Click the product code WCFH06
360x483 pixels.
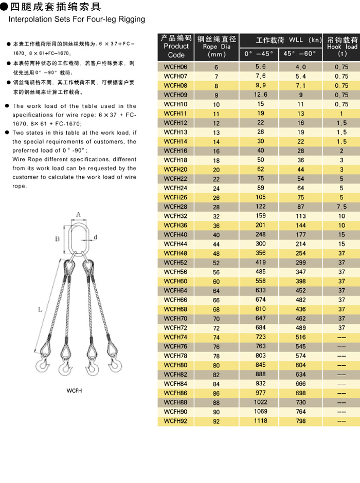(175, 67)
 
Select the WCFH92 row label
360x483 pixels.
(175, 422)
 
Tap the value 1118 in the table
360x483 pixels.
(260, 421)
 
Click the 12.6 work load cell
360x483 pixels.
(260, 95)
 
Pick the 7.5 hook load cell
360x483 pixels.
(341, 207)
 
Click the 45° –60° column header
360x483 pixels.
(301, 53)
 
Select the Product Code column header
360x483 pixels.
(176, 47)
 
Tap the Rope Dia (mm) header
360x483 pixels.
(217, 47)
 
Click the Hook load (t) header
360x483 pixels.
(342, 46)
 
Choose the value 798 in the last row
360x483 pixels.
(301, 421)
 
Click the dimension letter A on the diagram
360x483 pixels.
(79, 215)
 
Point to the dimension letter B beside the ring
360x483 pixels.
(58, 239)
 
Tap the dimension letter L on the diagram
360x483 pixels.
(40, 309)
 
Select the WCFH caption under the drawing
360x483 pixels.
(74, 391)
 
